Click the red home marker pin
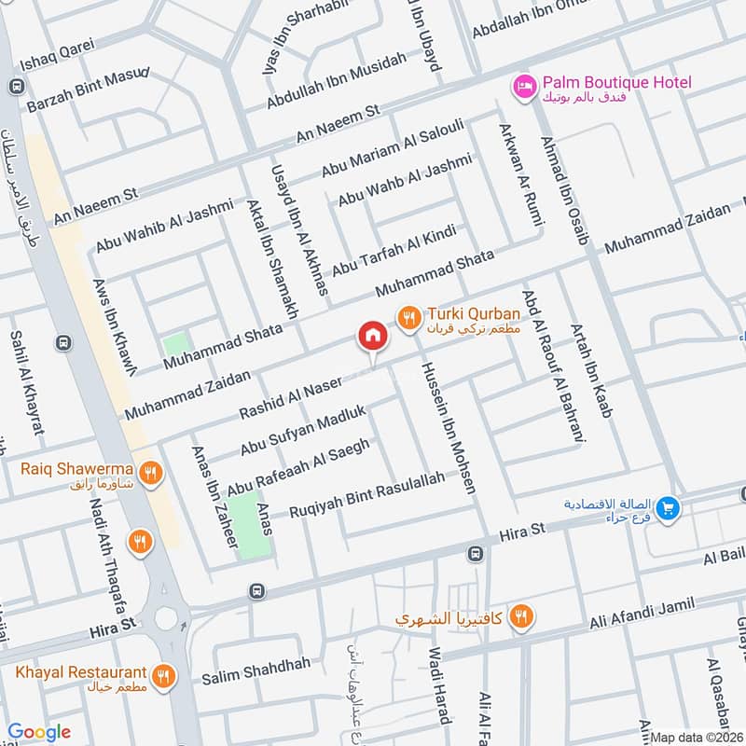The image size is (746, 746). pyautogui.click(x=371, y=338)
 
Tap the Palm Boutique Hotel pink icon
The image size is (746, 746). pyautogui.click(x=524, y=86)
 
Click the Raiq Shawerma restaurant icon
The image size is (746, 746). pyautogui.click(x=150, y=473)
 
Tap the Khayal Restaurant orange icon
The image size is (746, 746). pyautogui.click(x=164, y=675)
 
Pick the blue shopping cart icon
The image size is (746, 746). pyautogui.click(x=667, y=509)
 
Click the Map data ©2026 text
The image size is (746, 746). pyautogui.click(x=695, y=737)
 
